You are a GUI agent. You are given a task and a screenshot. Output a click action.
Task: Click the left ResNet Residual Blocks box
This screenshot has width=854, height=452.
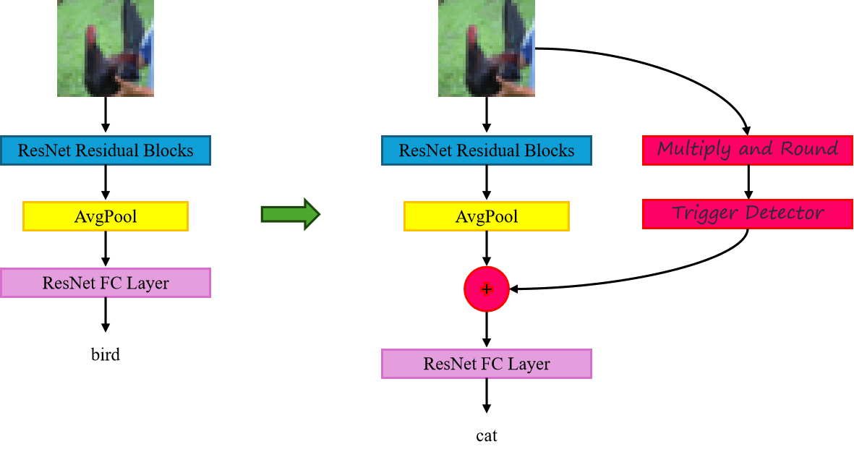(x=106, y=150)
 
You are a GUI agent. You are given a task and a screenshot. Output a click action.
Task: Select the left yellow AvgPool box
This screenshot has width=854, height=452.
(x=106, y=216)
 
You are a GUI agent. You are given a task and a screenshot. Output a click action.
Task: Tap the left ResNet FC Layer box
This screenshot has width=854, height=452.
(x=106, y=283)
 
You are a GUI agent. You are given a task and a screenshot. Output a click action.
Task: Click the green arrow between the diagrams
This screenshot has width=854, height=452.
(x=290, y=214)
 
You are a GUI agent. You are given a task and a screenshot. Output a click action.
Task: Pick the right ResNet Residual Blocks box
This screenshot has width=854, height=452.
(x=487, y=150)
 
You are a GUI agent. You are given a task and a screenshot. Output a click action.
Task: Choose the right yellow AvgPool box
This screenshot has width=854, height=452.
(x=487, y=216)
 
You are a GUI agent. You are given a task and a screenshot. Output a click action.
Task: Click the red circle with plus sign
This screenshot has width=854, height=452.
(x=487, y=289)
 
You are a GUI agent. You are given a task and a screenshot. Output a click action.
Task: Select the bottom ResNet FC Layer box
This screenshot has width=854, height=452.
(x=487, y=364)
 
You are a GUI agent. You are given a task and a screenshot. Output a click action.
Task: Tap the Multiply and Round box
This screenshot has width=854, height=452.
(x=748, y=150)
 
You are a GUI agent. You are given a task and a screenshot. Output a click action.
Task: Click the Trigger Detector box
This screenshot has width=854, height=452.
(x=748, y=213)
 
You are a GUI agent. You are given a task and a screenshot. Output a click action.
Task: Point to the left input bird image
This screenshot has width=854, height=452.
(x=106, y=48)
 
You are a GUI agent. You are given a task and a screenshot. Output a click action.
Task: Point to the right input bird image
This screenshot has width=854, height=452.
(x=487, y=48)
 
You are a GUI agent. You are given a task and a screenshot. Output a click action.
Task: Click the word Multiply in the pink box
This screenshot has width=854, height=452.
(x=693, y=150)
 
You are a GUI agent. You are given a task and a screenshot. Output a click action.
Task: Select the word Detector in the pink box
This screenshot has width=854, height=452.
(x=785, y=213)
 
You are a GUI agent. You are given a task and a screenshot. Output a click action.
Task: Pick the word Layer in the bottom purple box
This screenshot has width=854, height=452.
(x=529, y=364)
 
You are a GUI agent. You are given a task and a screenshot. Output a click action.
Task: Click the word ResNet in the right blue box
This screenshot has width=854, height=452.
(x=424, y=150)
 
